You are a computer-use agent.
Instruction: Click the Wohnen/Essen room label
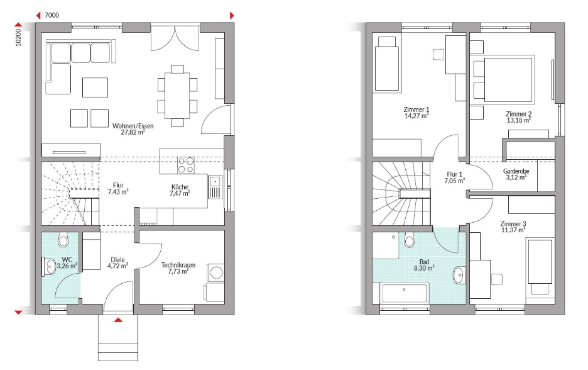tap(133, 126)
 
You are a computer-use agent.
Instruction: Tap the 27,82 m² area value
tap(133, 132)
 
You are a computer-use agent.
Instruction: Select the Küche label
tap(180, 187)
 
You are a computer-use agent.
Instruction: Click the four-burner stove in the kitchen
tap(187, 165)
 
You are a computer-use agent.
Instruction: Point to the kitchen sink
tap(215, 187)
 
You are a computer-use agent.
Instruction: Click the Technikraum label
tap(178, 265)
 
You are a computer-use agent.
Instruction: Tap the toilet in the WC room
tap(63, 239)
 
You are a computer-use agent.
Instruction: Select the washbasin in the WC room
tap(49, 267)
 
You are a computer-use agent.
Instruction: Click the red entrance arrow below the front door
tap(118, 320)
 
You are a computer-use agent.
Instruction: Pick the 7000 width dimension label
tap(52, 15)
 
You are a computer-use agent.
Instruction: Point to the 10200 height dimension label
tap(18, 38)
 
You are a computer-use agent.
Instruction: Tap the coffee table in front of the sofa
tap(95, 87)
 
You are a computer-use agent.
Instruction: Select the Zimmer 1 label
tap(416, 109)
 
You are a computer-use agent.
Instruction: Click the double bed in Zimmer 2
tap(503, 79)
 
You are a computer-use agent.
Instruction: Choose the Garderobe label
tap(516, 171)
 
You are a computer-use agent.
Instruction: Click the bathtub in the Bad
tap(405, 293)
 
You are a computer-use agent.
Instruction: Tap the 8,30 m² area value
tap(424, 268)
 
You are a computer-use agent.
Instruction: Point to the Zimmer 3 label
tap(513, 224)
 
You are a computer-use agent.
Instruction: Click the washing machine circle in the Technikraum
tap(216, 272)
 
